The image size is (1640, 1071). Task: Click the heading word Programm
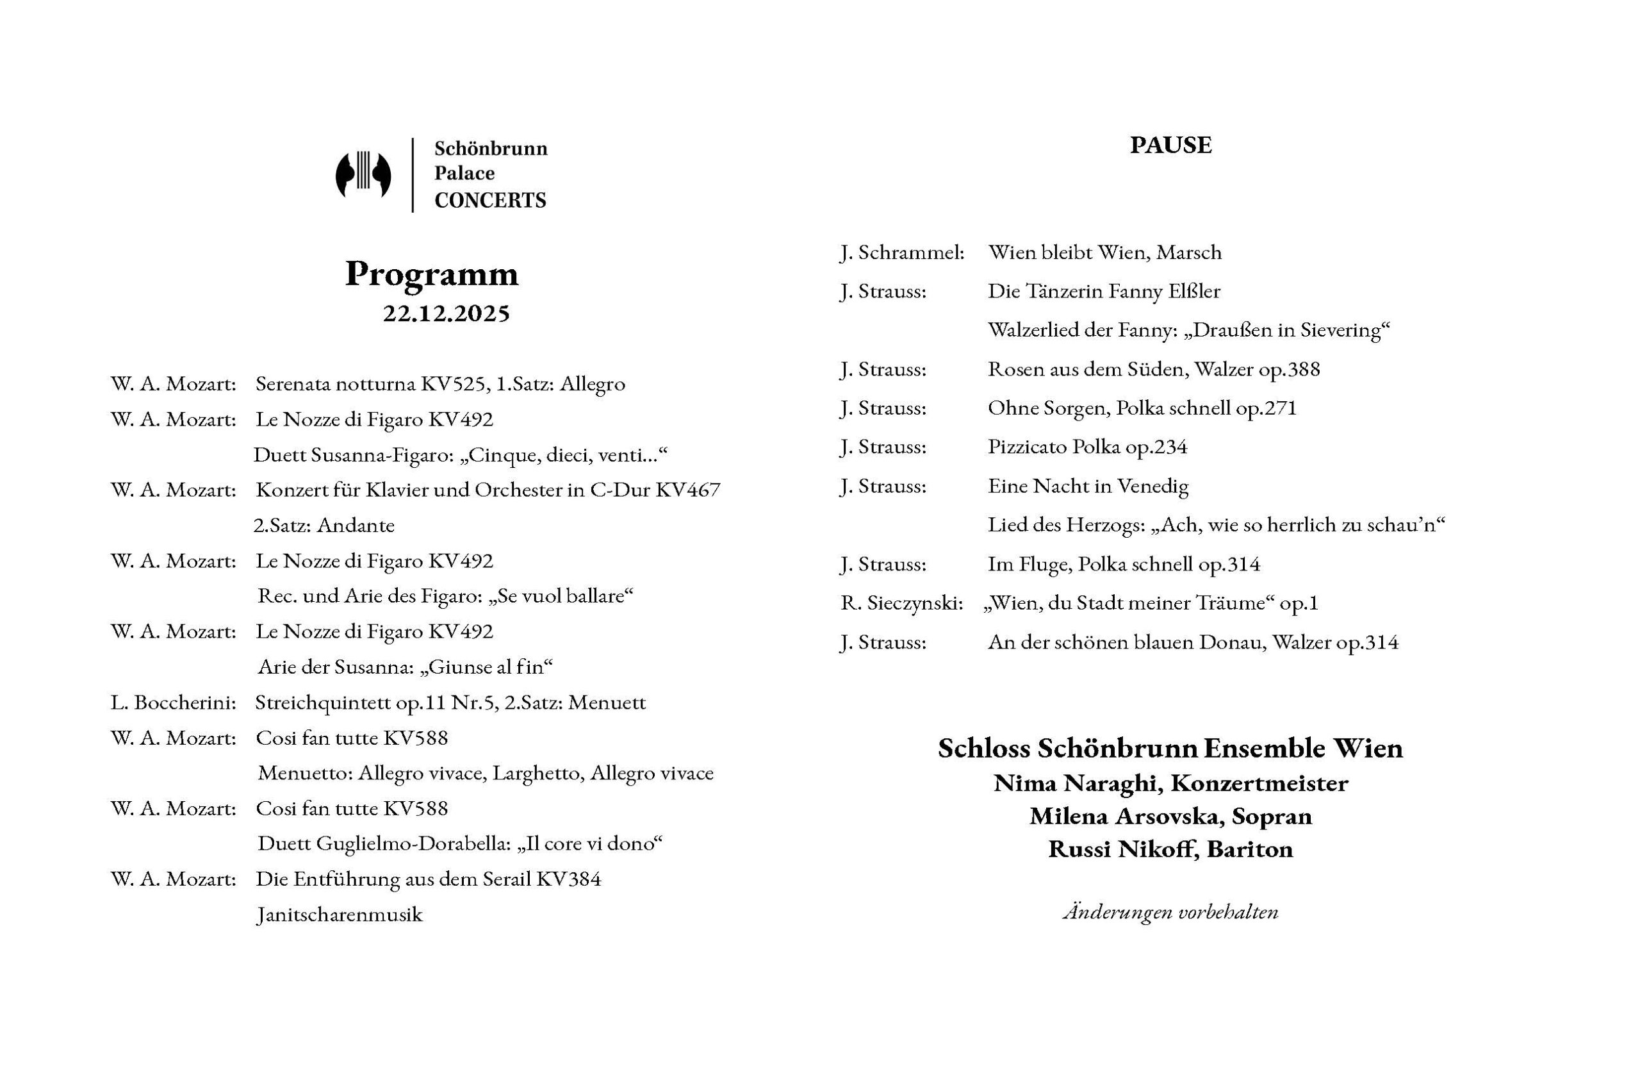pyautogui.click(x=431, y=274)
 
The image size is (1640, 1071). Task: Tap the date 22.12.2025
pyautogui.click(x=447, y=313)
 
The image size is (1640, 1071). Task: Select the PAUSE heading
pyautogui.click(x=1170, y=145)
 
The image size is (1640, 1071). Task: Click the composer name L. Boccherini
pyautogui.click(x=173, y=703)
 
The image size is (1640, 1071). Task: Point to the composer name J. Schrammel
pyautogui.click(x=901, y=253)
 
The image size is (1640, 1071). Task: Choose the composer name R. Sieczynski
pyautogui.click(x=901, y=604)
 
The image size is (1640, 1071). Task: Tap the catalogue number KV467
pyautogui.click(x=687, y=490)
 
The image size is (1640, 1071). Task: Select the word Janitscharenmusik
pyautogui.click(x=339, y=915)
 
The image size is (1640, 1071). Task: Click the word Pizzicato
pyautogui.click(x=1027, y=447)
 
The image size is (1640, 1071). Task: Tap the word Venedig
pyautogui.click(x=1153, y=486)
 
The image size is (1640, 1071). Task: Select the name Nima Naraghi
pyautogui.click(x=1076, y=784)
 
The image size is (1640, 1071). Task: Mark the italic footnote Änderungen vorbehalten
pyautogui.click(x=1170, y=913)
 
